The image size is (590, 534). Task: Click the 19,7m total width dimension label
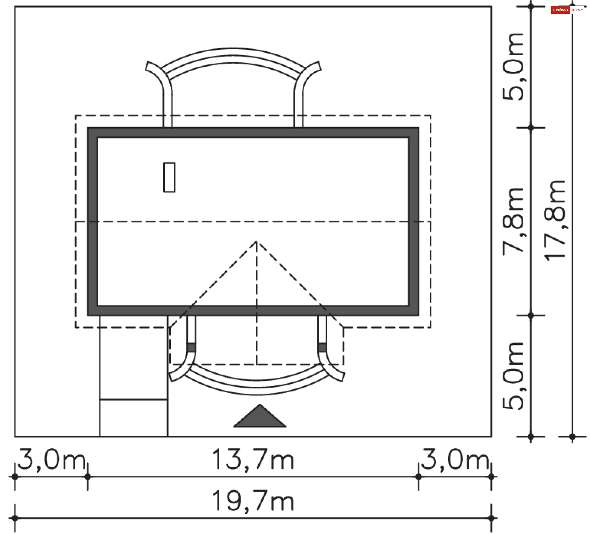click(x=253, y=501)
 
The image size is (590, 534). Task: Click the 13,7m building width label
click(x=253, y=459)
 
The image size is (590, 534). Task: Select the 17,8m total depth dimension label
click(x=555, y=221)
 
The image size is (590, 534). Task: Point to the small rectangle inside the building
click(x=169, y=178)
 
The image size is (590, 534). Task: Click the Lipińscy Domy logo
click(x=567, y=10)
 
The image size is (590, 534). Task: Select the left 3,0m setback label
click(x=52, y=459)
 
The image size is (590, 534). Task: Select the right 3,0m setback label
click(x=455, y=459)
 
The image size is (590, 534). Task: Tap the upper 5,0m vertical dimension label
click(x=513, y=67)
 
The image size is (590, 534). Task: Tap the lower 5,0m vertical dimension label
click(x=513, y=376)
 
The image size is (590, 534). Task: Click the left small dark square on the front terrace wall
click(x=191, y=348)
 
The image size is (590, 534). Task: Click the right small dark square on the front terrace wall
click(x=322, y=348)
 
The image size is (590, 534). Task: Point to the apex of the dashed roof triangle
click(x=257, y=242)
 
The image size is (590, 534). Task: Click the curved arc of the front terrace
click(x=258, y=387)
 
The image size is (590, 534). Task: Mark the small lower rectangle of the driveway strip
click(x=134, y=418)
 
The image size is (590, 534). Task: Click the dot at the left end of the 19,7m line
click(x=15, y=518)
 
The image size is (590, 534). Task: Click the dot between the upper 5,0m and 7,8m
click(x=531, y=128)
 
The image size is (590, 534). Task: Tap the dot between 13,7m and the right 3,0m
click(x=418, y=477)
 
